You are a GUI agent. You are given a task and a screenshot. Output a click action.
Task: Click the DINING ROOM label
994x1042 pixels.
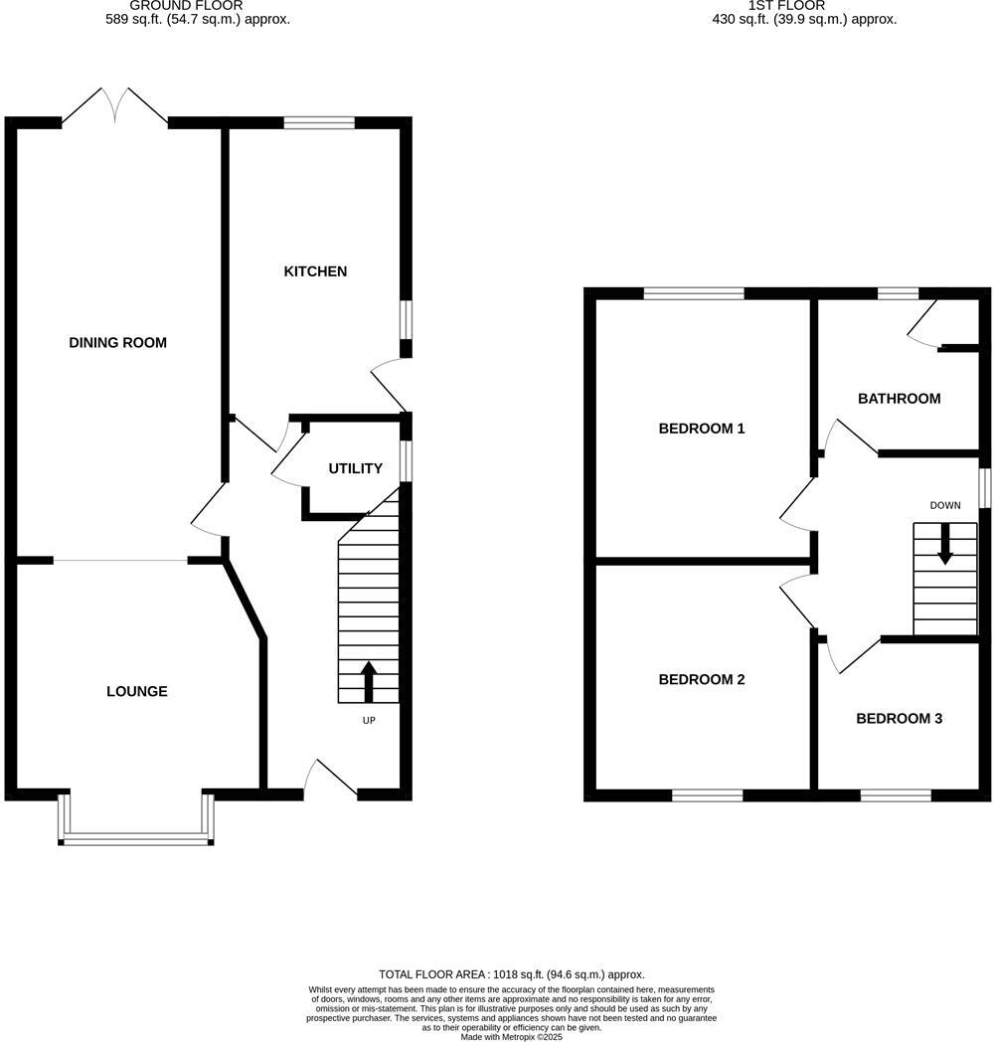click(x=117, y=343)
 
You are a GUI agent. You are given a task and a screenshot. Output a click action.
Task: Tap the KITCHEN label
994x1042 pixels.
click(x=315, y=271)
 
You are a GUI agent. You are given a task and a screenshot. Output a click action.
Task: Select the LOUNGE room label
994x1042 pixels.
click(x=137, y=691)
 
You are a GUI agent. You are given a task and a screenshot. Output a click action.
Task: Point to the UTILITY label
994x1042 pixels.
click(x=356, y=468)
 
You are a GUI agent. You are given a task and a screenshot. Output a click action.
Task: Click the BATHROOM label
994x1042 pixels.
click(x=899, y=399)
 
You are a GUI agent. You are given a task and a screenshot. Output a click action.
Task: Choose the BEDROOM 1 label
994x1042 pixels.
click(x=702, y=429)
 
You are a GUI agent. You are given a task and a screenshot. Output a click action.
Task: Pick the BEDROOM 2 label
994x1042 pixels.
click(x=702, y=680)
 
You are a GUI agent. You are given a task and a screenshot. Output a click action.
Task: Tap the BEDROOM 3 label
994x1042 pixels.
click(x=899, y=718)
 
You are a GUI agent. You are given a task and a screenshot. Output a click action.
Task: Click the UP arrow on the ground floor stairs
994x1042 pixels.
click(x=369, y=681)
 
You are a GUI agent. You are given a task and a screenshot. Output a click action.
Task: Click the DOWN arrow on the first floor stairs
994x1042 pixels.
click(x=944, y=545)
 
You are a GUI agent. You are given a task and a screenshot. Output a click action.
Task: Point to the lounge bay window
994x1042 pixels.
click(x=136, y=840)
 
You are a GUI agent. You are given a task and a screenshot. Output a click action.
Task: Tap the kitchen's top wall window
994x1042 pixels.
click(x=319, y=123)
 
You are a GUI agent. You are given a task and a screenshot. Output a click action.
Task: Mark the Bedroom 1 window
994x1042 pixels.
click(x=694, y=293)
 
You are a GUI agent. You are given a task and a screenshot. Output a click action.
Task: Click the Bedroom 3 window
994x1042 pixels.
click(x=896, y=795)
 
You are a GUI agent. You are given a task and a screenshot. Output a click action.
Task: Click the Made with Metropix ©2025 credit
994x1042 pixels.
click(x=511, y=1036)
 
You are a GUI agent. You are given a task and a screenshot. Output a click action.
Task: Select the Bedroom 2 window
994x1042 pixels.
click(x=707, y=795)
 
